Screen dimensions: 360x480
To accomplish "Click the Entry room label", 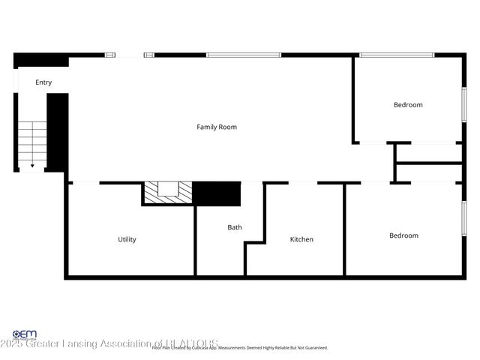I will (43, 82).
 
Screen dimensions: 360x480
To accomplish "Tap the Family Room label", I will (217, 127).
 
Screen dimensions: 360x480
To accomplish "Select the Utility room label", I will (127, 239).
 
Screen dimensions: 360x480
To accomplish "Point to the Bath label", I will (235, 226).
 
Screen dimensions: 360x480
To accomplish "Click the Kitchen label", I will (301, 239).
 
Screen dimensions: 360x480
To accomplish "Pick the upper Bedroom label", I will (408, 105).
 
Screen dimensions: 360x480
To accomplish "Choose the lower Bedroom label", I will (403, 235).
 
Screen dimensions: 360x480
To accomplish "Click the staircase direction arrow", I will (32, 165).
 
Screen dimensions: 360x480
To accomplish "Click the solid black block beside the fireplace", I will (217, 193).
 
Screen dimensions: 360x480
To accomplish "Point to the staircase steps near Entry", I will (32, 142).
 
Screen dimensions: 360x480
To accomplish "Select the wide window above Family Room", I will (244, 55).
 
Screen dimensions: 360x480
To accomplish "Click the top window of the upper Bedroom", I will (397, 55).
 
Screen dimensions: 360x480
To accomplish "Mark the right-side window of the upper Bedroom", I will (463, 103).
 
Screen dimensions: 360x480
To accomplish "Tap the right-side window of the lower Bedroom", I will (463, 223).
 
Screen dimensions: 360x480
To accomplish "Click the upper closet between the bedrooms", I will (429, 153).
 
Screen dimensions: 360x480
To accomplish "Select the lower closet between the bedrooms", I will (429, 172).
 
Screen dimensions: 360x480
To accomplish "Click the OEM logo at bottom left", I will (24, 334).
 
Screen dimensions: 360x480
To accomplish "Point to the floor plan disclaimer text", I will (240, 348).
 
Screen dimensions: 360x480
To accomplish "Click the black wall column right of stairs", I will (58, 132).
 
